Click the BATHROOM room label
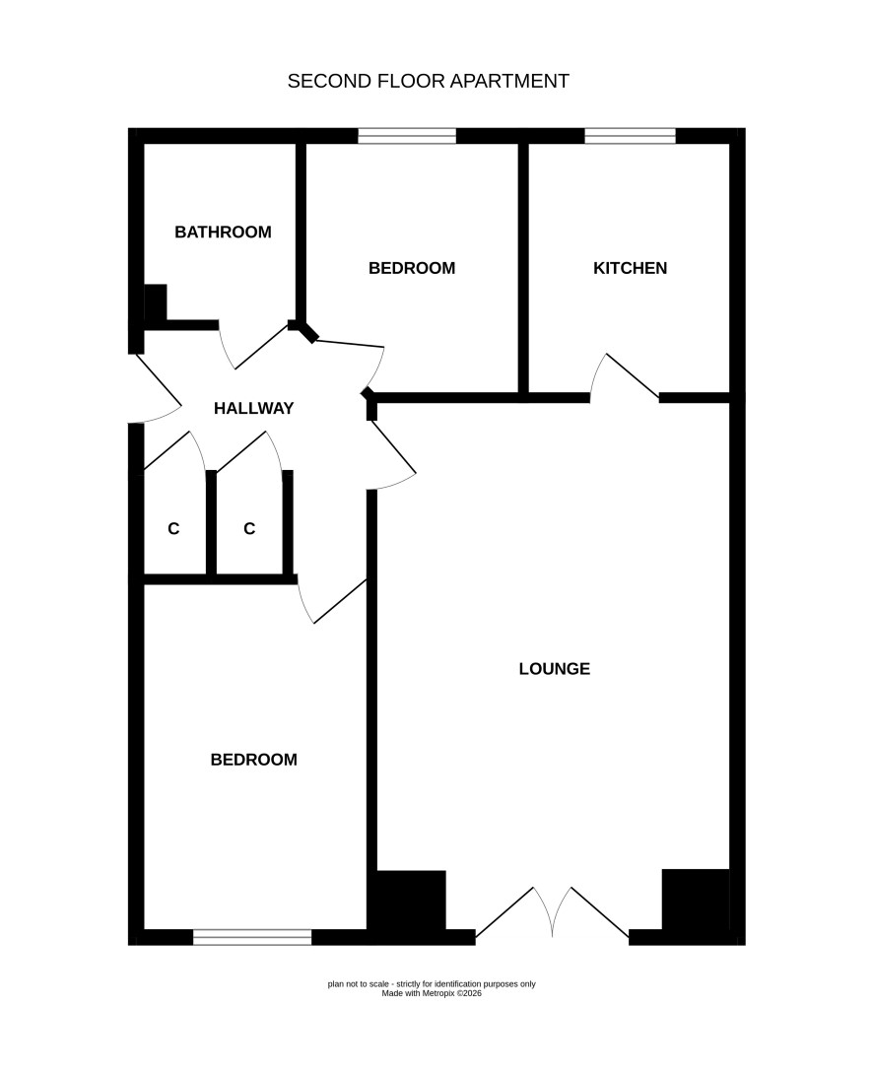(x=223, y=232)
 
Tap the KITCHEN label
(x=631, y=268)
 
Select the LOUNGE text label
(x=554, y=669)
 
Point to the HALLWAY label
(x=254, y=409)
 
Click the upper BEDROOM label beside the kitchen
(x=412, y=268)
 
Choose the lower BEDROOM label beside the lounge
(x=254, y=760)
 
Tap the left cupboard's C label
(x=173, y=529)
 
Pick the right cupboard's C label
(x=249, y=529)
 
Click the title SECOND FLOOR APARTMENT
(x=429, y=81)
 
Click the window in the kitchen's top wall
(x=631, y=136)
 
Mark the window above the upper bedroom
(x=407, y=136)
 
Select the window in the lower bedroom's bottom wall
(x=252, y=937)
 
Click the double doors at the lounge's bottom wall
(x=552, y=912)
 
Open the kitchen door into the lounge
(x=625, y=376)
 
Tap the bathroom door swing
(x=254, y=346)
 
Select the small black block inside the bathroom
(x=156, y=302)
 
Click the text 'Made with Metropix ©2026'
(x=432, y=993)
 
